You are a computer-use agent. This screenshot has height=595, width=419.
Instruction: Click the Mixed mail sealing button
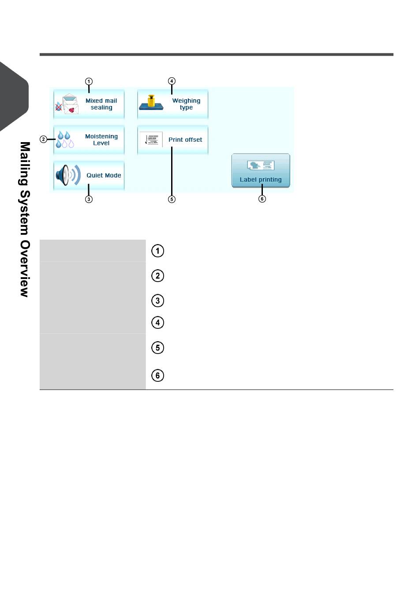click(89, 104)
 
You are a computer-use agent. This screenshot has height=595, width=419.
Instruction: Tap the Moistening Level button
click(89, 140)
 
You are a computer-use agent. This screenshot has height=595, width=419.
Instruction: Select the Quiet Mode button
click(89, 175)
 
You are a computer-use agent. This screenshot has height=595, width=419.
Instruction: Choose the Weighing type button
click(172, 104)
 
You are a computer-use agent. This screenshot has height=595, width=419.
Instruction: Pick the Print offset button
click(172, 140)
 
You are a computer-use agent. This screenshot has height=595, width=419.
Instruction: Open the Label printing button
click(261, 170)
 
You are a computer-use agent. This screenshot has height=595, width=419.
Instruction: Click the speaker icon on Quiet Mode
click(68, 175)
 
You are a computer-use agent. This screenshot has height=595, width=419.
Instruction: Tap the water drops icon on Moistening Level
click(65, 139)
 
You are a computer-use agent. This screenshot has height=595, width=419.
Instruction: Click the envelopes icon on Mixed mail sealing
click(67, 104)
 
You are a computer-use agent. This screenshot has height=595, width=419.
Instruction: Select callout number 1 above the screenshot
click(89, 81)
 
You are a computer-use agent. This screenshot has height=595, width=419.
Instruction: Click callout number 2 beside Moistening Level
click(43, 139)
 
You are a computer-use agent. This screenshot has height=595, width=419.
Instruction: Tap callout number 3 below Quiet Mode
click(89, 199)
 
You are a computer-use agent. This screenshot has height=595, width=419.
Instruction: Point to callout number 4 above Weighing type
click(172, 81)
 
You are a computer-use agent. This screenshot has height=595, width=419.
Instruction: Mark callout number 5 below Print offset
click(172, 199)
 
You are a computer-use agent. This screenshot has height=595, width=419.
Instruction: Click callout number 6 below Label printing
click(262, 199)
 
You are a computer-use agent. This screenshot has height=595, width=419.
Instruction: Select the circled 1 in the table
click(157, 251)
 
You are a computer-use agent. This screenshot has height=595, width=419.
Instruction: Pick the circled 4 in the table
click(157, 323)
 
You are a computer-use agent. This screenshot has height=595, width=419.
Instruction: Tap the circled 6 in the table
click(157, 376)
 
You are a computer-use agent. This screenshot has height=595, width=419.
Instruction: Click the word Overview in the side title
click(25, 268)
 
